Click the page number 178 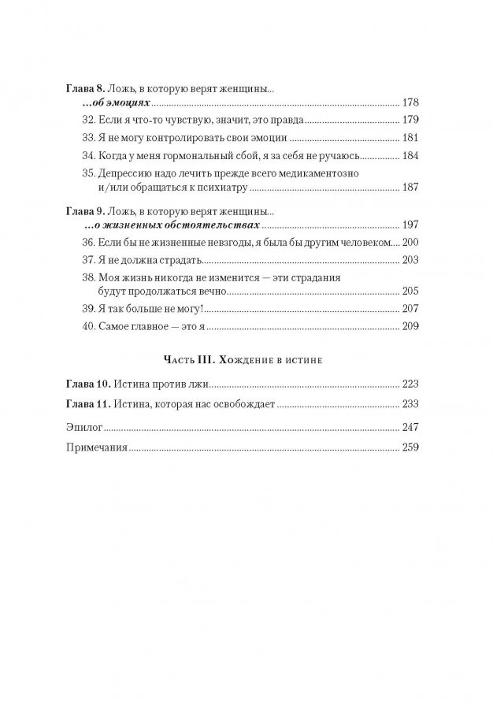413,103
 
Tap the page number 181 413,138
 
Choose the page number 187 413,188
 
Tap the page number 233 413,404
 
